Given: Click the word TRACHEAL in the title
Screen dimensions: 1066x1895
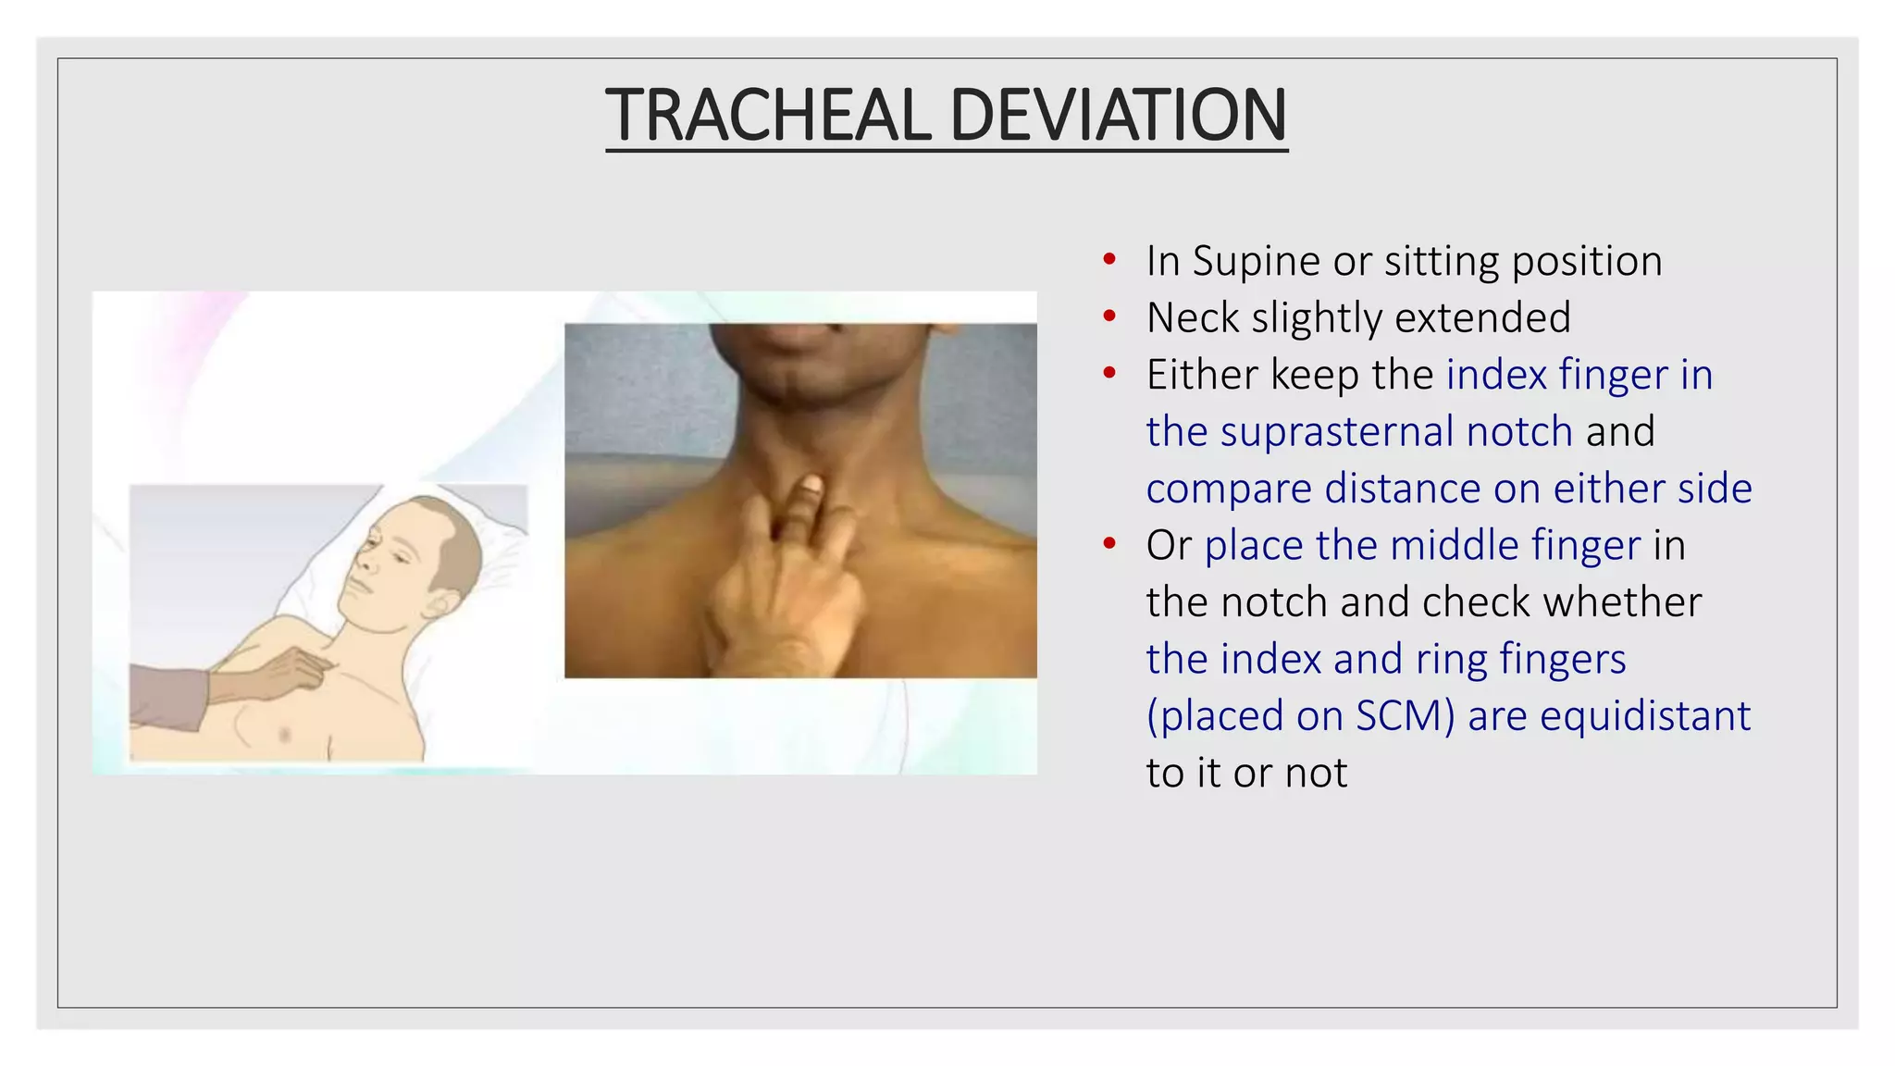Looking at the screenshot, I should (x=767, y=115).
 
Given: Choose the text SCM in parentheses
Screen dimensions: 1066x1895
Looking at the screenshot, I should (x=1397, y=716).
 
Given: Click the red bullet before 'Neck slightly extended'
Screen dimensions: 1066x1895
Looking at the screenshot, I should (x=1109, y=317).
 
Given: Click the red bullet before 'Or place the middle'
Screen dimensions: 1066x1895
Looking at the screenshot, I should (x=1109, y=545).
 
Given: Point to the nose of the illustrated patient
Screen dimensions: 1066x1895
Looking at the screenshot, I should (x=364, y=561).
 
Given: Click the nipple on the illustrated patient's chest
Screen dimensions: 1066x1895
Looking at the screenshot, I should (x=284, y=735).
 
